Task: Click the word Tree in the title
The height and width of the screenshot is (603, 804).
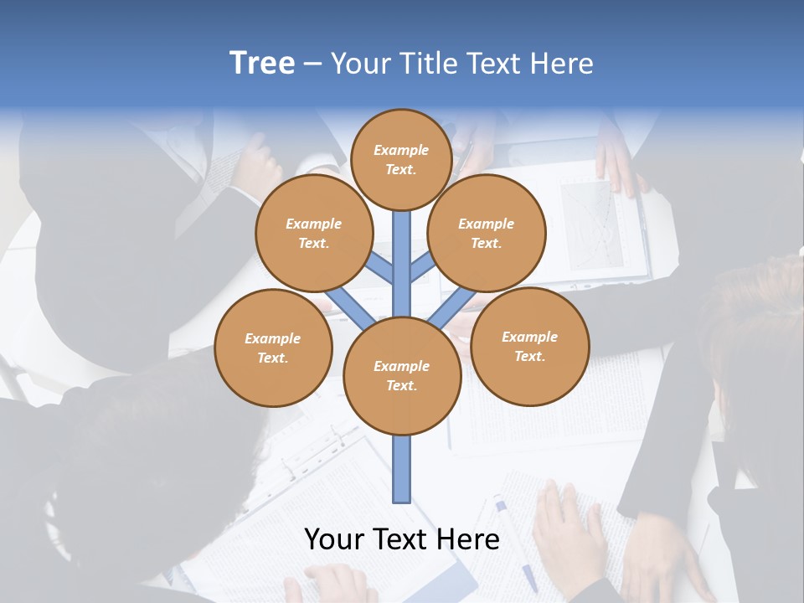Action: point(262,63)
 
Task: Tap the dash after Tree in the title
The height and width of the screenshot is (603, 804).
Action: point(312,64)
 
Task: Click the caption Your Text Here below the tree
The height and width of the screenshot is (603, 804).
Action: point(402,539)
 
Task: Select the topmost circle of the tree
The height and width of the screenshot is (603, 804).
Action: point(401,159)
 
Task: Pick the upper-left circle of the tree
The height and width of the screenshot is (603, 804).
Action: point(313,233)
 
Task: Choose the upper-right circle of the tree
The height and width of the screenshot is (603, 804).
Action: point(487,233)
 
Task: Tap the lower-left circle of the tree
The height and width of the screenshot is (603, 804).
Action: point(273,348)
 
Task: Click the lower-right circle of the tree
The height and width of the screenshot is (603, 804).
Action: point(529,346)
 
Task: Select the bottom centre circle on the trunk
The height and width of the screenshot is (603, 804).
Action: point(402,376)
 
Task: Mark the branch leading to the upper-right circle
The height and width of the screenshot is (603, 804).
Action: point(422,268)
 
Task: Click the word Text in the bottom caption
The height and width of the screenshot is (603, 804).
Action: point(402,539)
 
